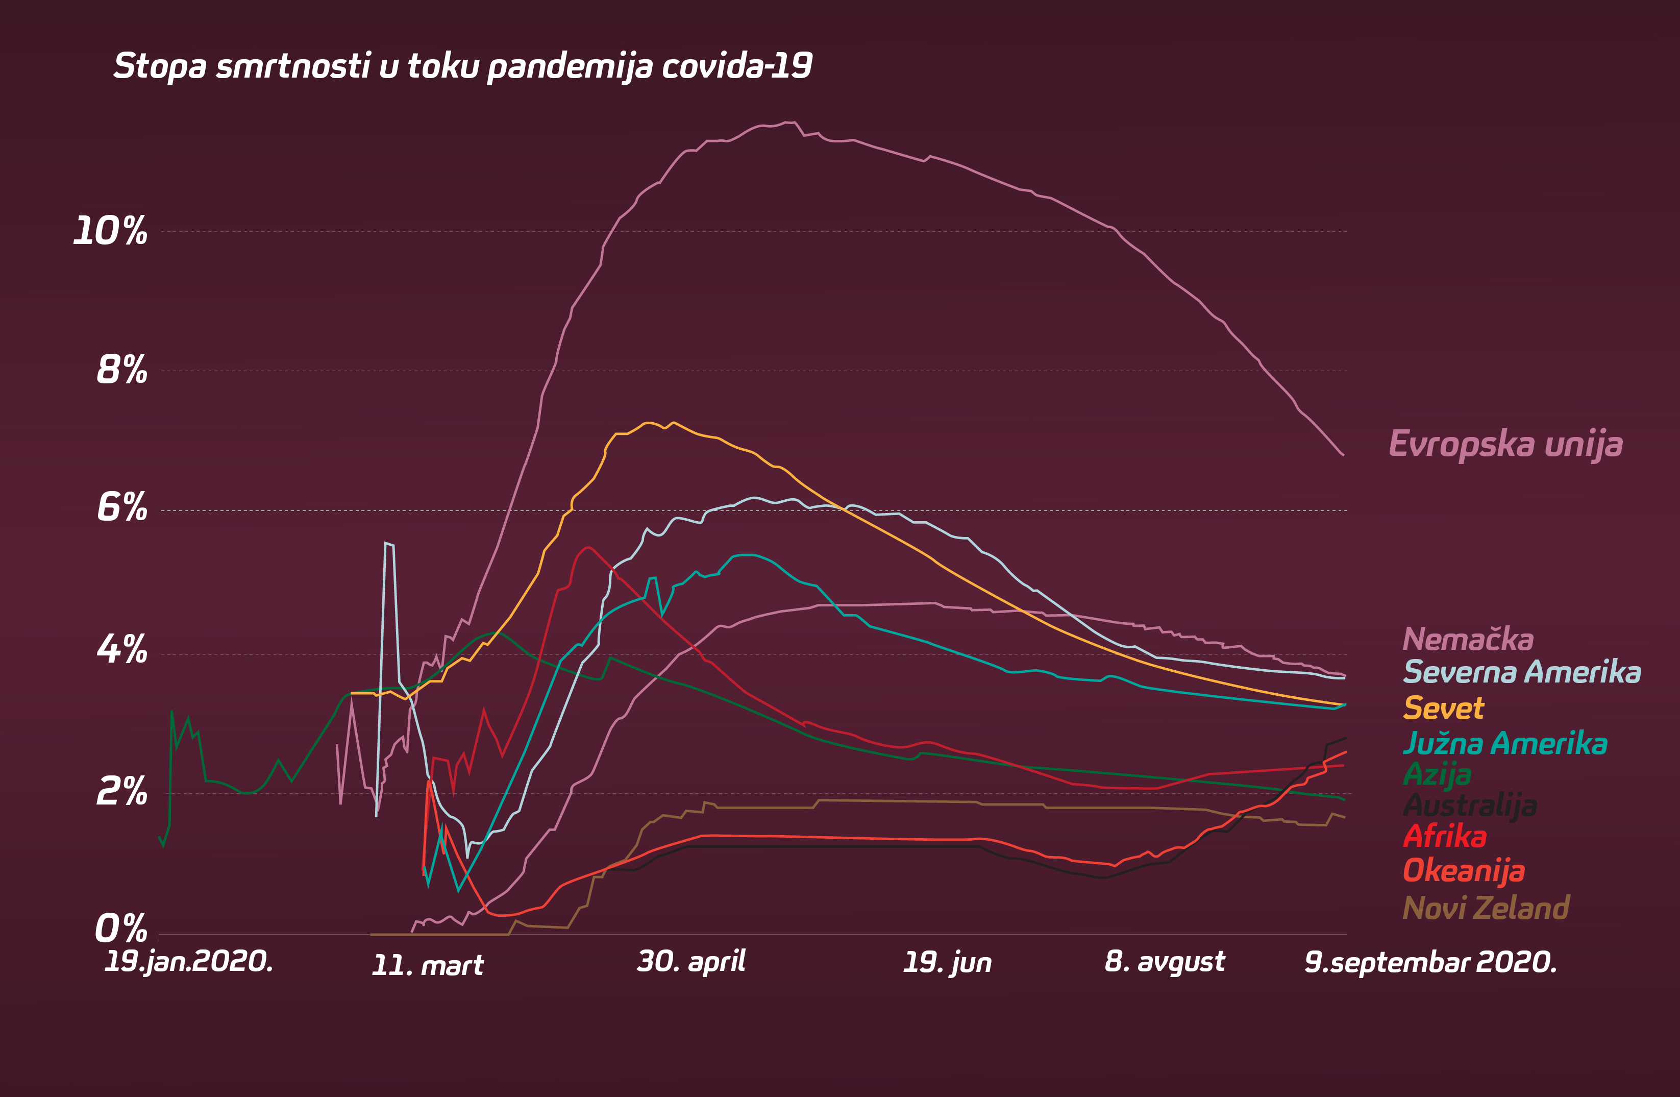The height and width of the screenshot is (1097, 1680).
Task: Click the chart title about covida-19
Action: click(463, 66)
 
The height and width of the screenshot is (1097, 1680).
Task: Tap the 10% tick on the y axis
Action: click(111, 232)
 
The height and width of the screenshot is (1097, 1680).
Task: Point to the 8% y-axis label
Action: click(121, 370)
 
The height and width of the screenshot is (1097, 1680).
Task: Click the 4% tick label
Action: click(121, 649)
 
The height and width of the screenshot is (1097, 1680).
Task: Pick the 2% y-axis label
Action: click(121, 791)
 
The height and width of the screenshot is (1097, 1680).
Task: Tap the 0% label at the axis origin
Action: click(121, 928)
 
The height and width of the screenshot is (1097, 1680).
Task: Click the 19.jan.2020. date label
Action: click(188, 961)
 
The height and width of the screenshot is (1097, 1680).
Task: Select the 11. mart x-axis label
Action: click(428, 965)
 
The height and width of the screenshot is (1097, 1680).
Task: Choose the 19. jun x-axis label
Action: click(947, 963)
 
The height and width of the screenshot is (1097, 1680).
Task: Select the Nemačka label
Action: click(1468, 640)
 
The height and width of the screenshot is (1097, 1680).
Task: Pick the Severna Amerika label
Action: click(1522, 672)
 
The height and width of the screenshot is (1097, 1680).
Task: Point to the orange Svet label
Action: click(1444, 708)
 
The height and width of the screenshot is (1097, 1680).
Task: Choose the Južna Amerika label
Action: click(1505, 743)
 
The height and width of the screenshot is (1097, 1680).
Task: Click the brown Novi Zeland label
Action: click(1486, 908)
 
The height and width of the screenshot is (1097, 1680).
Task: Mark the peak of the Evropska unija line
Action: click(789, 122)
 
